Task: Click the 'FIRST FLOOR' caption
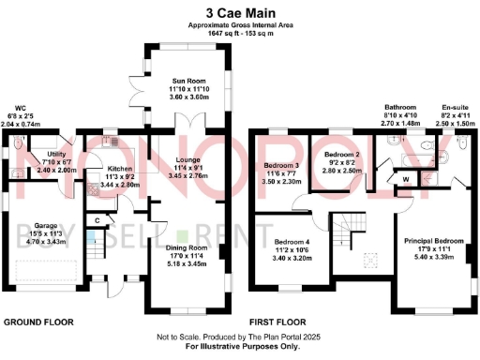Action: click(x=281, y=322)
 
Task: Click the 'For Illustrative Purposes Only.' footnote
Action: click(x=240, y=348)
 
